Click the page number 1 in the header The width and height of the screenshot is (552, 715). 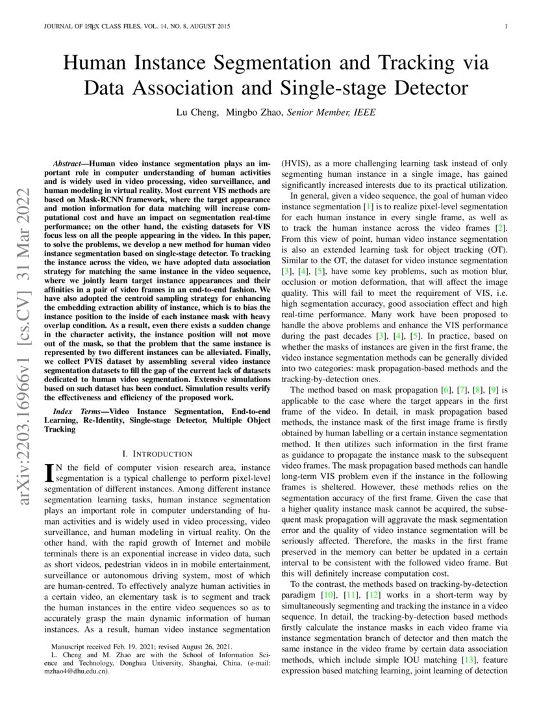tap(505, 27)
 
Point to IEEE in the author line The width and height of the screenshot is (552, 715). tap(364, 112)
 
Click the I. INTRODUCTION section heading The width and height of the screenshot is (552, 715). tap(157, 454)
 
